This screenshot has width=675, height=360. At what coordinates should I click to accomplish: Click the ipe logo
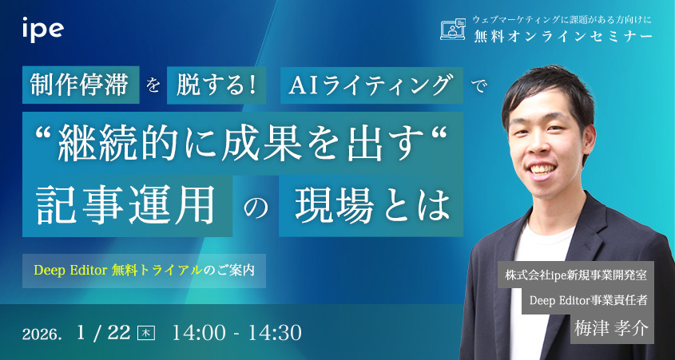click(x=42, y=30)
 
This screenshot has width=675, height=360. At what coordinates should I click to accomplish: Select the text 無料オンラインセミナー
click(x=563, y=37)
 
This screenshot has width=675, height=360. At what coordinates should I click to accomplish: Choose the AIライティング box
click(x=372, y=86)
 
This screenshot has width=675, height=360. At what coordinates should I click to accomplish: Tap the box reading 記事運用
click(x=128, y=207)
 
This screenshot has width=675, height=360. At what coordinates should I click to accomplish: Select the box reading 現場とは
click(x=371, y=207)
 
